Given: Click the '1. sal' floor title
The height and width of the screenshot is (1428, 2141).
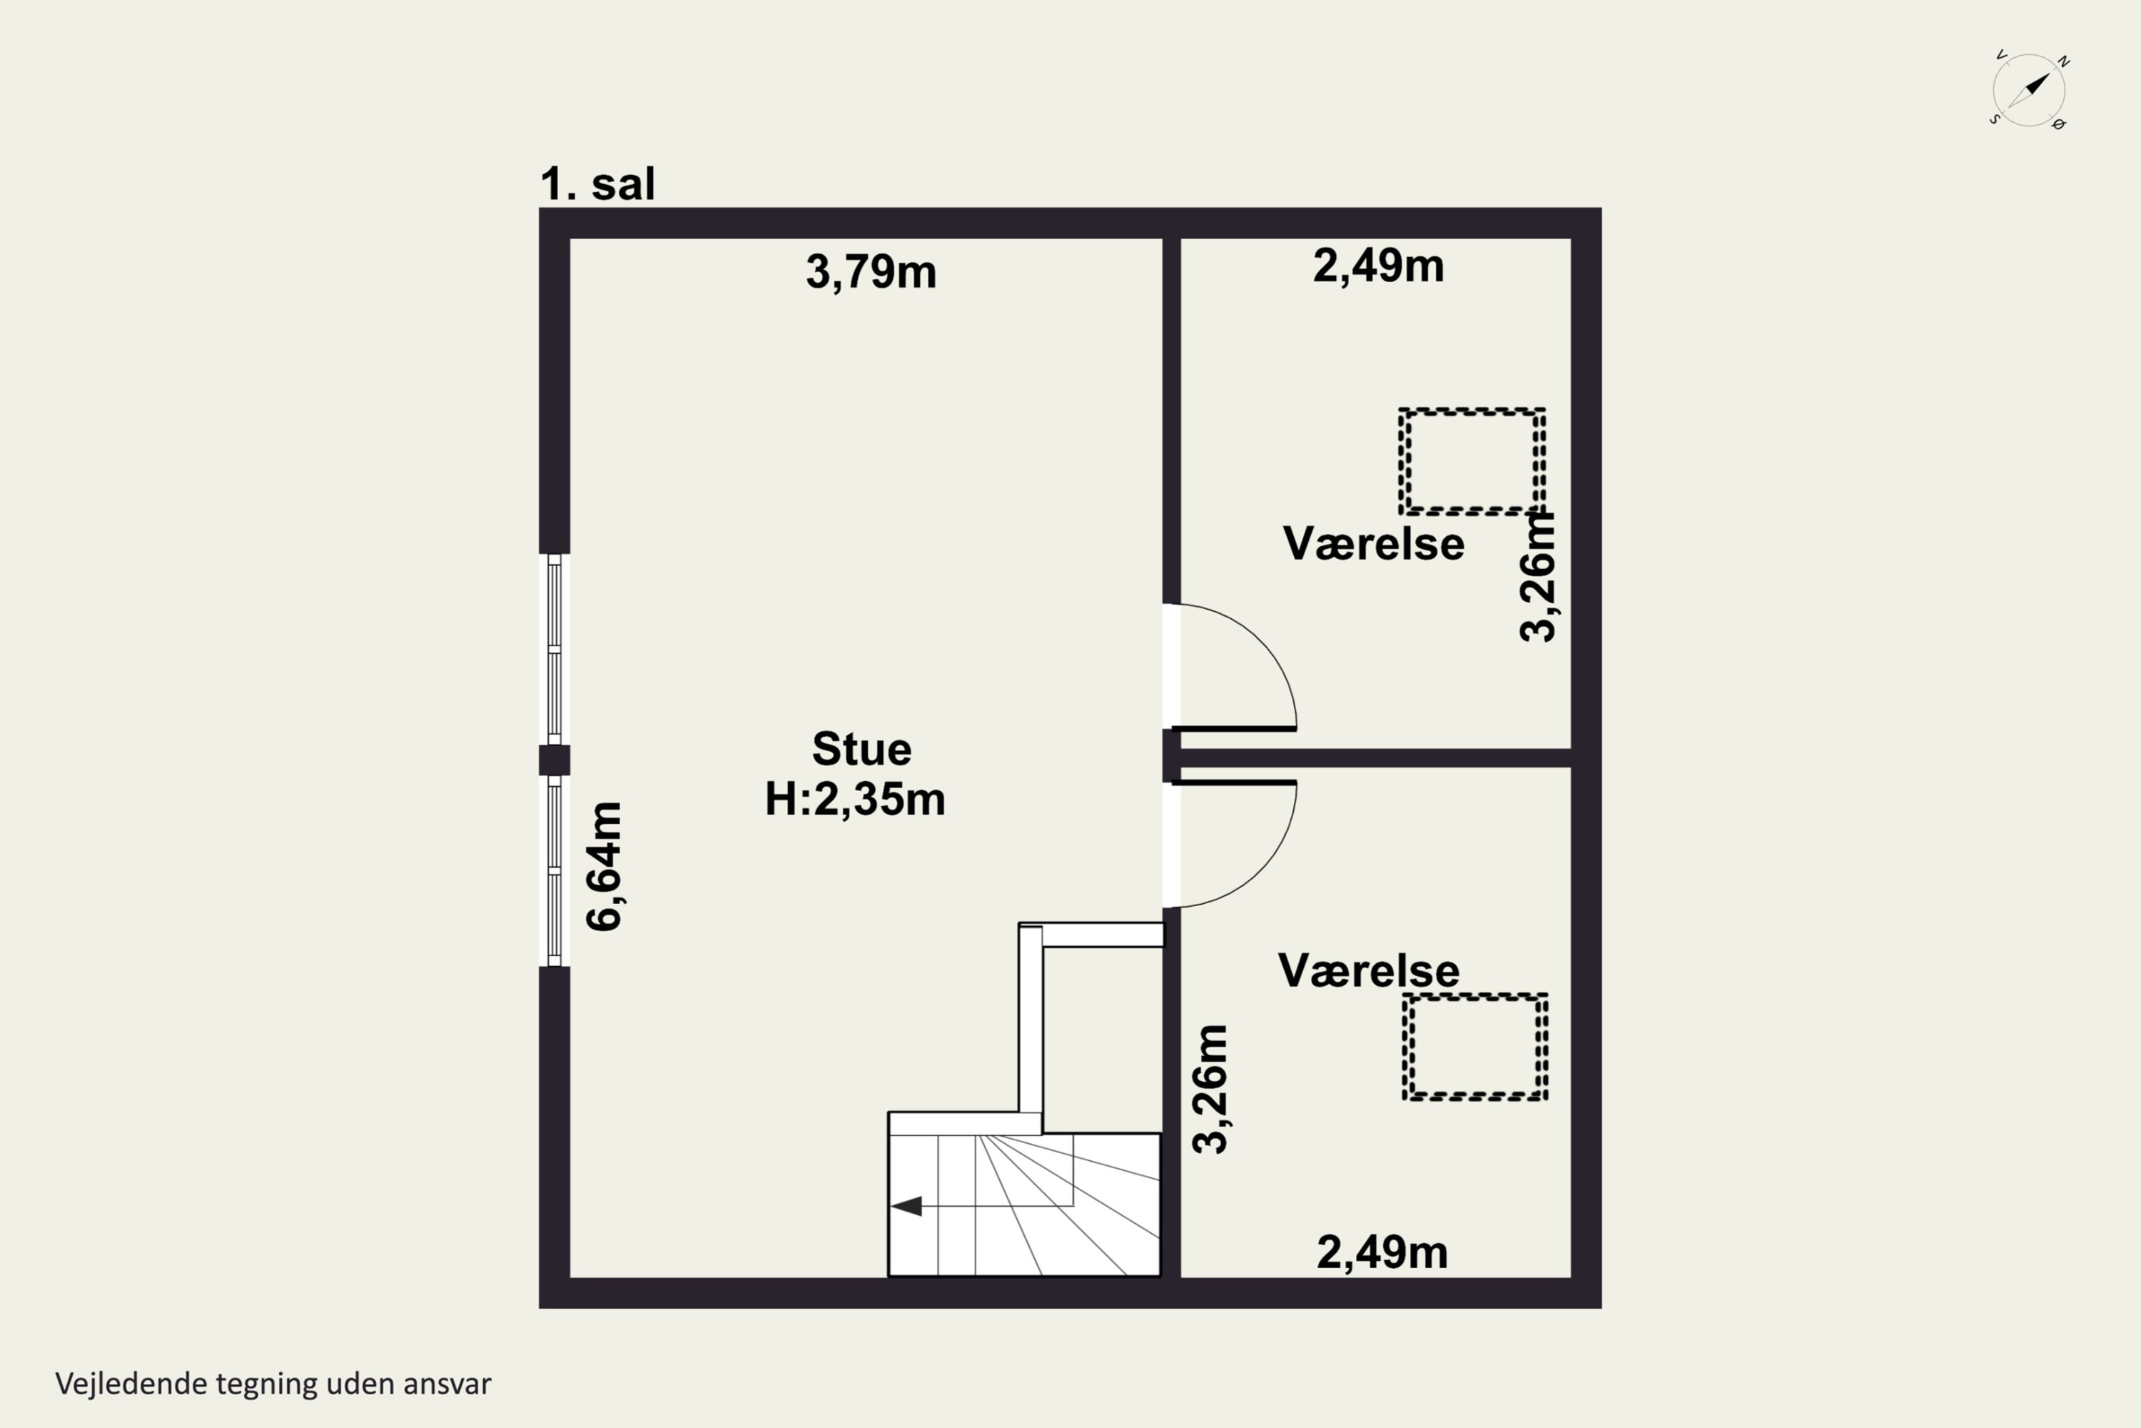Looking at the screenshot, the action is tap(597, 184).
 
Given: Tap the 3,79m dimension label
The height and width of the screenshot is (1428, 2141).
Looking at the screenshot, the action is tap(871, 272).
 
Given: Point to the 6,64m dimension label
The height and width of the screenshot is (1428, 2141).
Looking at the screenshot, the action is tap(604, 866).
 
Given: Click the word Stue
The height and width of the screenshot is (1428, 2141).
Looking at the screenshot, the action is tap(861, 750).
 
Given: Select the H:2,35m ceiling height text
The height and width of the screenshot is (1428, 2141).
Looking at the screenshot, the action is tap(855, 799).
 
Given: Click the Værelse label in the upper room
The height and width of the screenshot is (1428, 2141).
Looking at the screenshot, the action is tap(1374, 543).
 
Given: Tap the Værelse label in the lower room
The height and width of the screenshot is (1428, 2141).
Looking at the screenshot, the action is tap(1369, 971).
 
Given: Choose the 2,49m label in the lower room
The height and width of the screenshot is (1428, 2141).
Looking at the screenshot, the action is tap(1382, 1253).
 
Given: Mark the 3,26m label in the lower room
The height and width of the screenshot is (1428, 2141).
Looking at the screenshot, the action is tap(1210, 1090).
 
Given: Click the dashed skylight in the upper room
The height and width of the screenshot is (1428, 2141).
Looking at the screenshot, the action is tap(1472, 412).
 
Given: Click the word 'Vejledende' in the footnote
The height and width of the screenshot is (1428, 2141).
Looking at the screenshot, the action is tap(131, 1384).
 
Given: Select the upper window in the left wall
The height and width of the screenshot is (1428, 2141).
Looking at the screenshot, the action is tap(555, 649).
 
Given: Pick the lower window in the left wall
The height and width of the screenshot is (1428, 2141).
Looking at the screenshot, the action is tap(555, 870).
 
